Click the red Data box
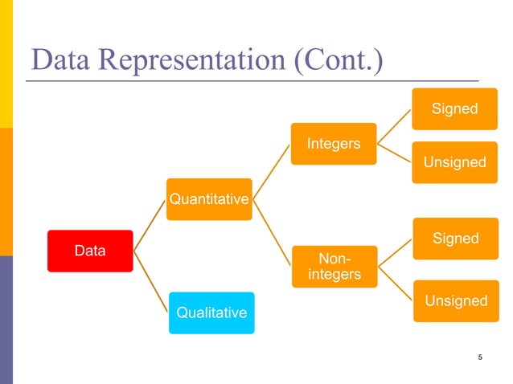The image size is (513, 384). (x=90, y=251)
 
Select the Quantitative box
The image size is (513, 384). (x=208, y=199)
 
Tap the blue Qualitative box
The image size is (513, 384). (x=211, y=313)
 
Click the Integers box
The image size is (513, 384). (x=334, y=144)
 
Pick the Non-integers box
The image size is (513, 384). (x=334, y=267)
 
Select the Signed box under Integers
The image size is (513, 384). (x=455, y=108)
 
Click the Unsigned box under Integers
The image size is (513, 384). (x=455, y=162)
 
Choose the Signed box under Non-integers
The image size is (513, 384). (x=455, y=239)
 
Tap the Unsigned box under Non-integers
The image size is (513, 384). (x=455, y=300)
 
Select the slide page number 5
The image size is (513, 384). (x=480, y=357)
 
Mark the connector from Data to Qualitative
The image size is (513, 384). (x=151, y=281)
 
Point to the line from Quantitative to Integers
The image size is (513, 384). (x=270, y=170)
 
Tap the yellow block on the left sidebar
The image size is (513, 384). (x=6, y=64)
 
